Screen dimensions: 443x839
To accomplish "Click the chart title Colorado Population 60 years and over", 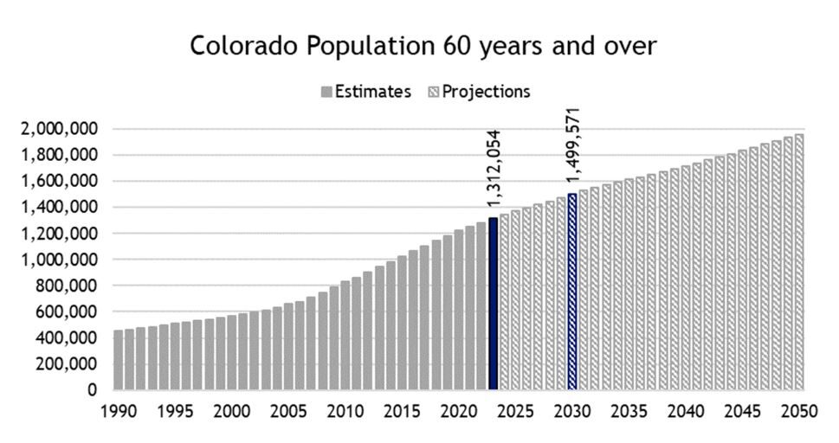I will point(423,46).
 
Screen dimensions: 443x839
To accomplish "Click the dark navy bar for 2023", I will point(494,303).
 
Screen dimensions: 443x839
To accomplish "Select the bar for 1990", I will point(119,359).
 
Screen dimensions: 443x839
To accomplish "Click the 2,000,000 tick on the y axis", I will point(60,129).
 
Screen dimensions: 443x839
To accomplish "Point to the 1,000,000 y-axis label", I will point(60,260).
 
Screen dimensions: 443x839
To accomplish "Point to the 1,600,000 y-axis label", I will point(60,181).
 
